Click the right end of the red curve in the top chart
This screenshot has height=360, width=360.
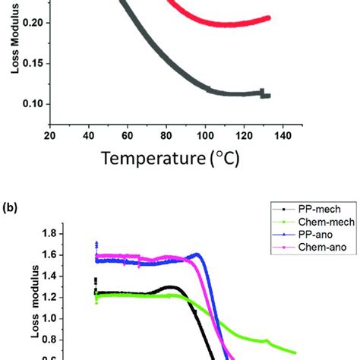[x=269, y=17]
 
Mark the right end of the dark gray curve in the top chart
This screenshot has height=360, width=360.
[x=269, y=96]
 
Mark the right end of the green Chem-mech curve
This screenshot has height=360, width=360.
[x=295, y=352]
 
